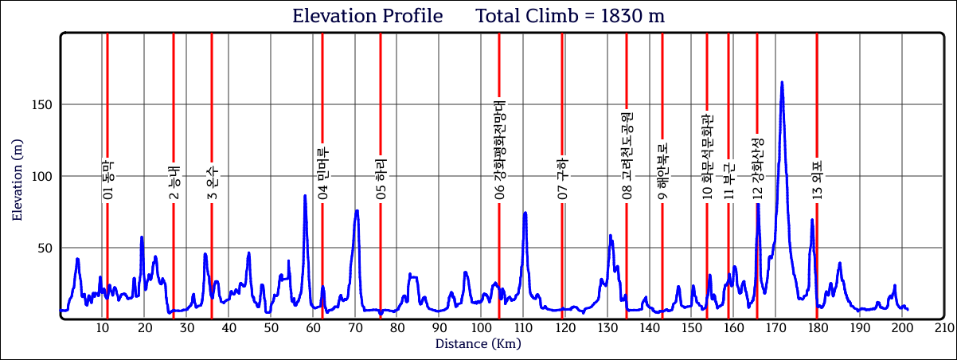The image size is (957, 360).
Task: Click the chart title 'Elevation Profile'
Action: pyautogui.click(x=367, y=16)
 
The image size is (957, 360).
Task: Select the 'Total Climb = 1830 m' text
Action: pyautogui.click(x=570, y=16)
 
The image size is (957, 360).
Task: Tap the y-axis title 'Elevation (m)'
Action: pyautogui.click(x=18, y=177)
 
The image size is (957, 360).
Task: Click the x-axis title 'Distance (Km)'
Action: pyautogui.click(x=478, y=344)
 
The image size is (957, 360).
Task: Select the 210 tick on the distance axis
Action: pyautogui.click(x=944, y=328)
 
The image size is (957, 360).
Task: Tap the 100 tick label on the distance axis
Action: pyautogui.click(x=481, y=328)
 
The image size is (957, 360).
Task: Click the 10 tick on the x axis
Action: pyautogui.click(x=102, y=328)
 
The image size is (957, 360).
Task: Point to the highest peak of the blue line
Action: pyautogui.click(x=782, y=82)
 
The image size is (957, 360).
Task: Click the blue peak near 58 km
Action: pyautogui.click(x=305, y=196)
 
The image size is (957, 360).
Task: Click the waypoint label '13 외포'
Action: pyautogui.click(x=817, y=180)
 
